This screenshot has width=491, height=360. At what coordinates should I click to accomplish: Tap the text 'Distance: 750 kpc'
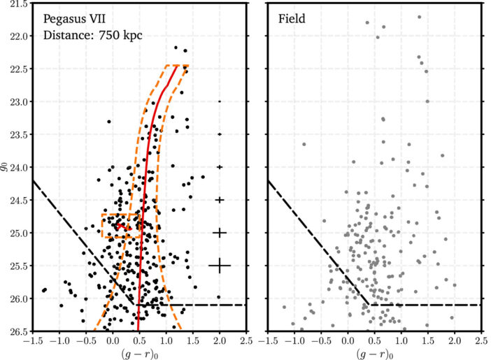[x=92, y=35]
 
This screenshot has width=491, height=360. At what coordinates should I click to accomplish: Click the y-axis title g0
[x=6, y=168]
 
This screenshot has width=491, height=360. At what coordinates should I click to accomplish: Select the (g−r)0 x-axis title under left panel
[x=139, y=353]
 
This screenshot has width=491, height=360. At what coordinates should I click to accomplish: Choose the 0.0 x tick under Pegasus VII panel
[x=113, y=340]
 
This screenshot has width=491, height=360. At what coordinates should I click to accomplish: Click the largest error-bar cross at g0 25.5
[x=220, y=266]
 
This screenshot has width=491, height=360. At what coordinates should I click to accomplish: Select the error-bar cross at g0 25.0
[x=220, y=233]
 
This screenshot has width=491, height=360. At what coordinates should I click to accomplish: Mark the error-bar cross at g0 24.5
[x=220, y=200]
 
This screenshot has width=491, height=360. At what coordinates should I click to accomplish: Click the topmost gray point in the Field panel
[x=419, y=17]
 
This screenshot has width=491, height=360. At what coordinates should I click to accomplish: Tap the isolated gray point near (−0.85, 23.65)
[x=304, y=144]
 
